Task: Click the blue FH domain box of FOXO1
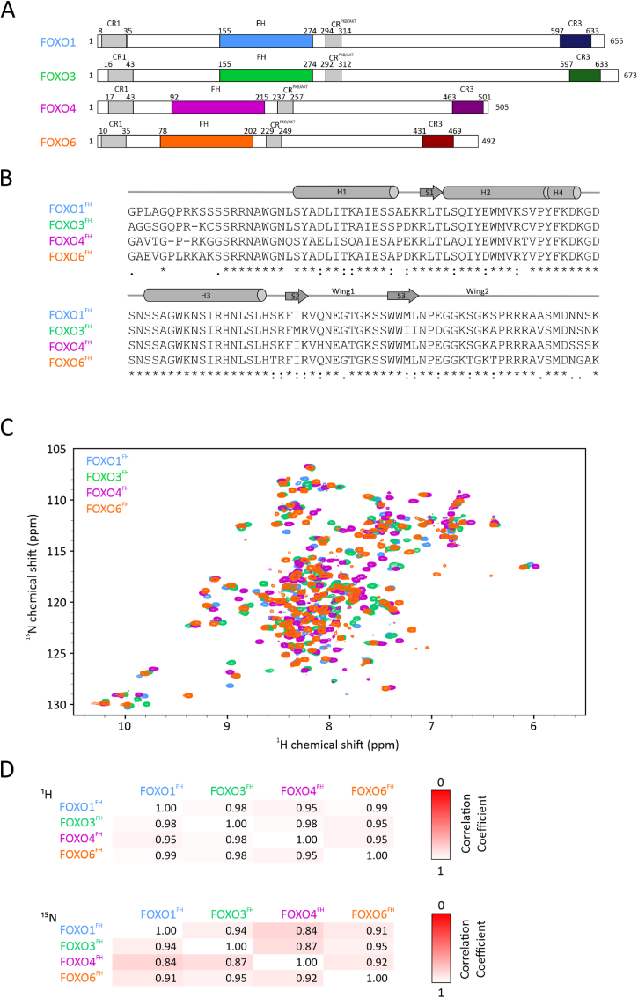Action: pyautogui.click(x=266, y=41)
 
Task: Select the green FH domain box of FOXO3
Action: pyautogui.click(x=266, y=75)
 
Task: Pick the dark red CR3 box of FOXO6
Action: pyautogui.click(x=437, y=141)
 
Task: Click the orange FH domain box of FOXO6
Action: pyautogui.click(x=206, y=141)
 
